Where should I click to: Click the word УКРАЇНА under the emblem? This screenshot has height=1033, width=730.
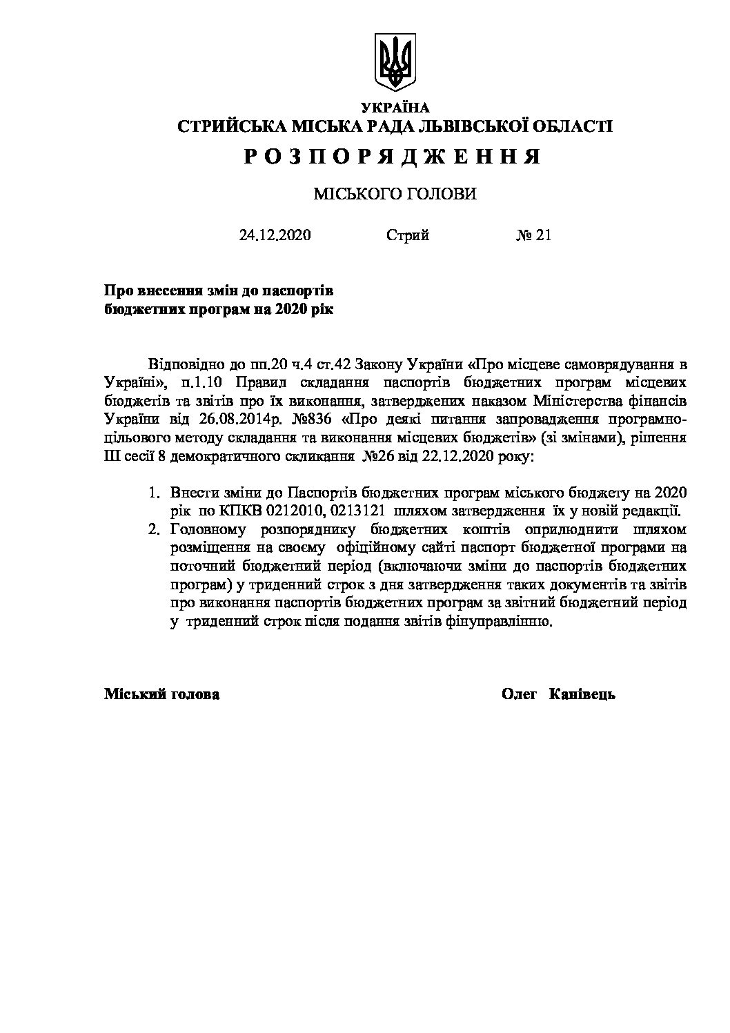395,107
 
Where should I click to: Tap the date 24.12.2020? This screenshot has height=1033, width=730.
275,235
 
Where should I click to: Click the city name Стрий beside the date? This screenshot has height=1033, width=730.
408,235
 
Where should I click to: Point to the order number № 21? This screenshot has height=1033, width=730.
533,235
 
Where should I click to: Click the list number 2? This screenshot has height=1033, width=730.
155,530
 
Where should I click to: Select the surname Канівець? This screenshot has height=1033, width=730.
582,694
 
